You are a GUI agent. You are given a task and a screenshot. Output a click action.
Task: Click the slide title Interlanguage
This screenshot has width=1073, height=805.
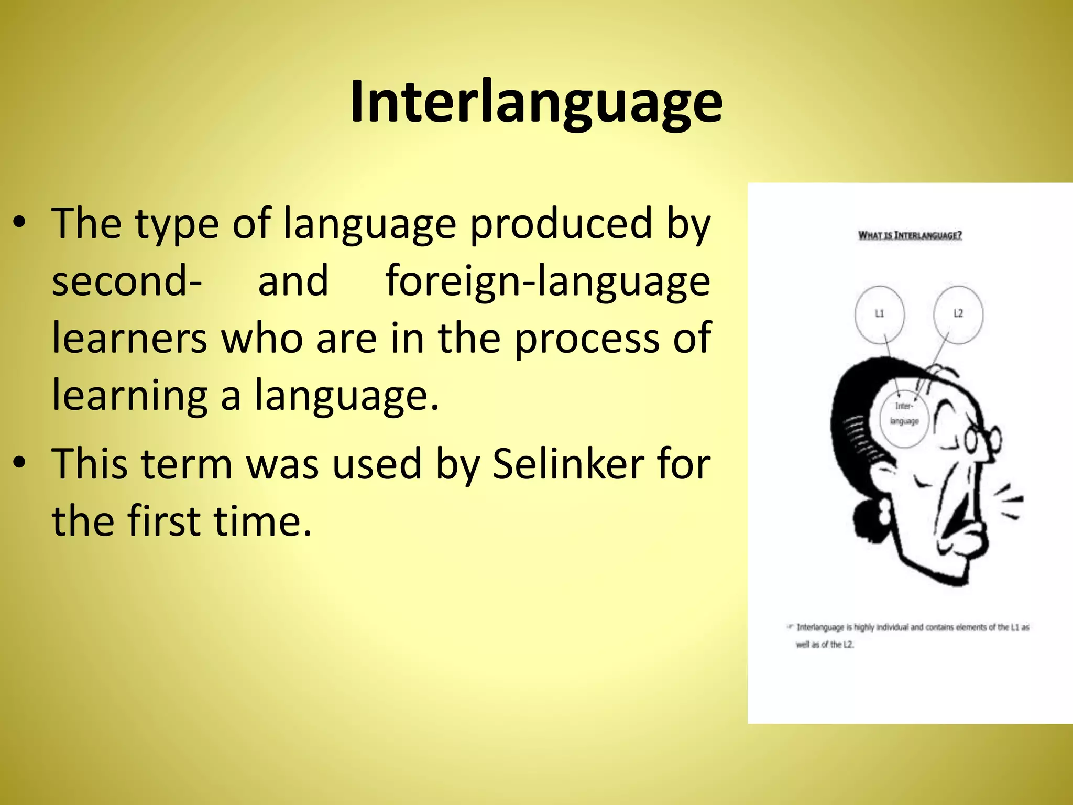[536, 102]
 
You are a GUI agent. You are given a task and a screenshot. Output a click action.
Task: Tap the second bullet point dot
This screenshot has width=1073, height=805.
[20, 463]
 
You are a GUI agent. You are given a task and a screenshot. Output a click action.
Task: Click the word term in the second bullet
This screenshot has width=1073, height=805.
[187, 464]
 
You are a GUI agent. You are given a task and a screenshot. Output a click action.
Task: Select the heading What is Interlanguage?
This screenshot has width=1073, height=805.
[910, 235]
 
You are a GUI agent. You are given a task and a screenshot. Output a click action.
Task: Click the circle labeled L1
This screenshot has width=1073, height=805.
[880, 314]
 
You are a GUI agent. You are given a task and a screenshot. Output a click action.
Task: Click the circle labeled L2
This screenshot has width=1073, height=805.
[958, 314]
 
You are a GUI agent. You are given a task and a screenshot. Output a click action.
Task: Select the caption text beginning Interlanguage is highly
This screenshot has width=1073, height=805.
[912, 635]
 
